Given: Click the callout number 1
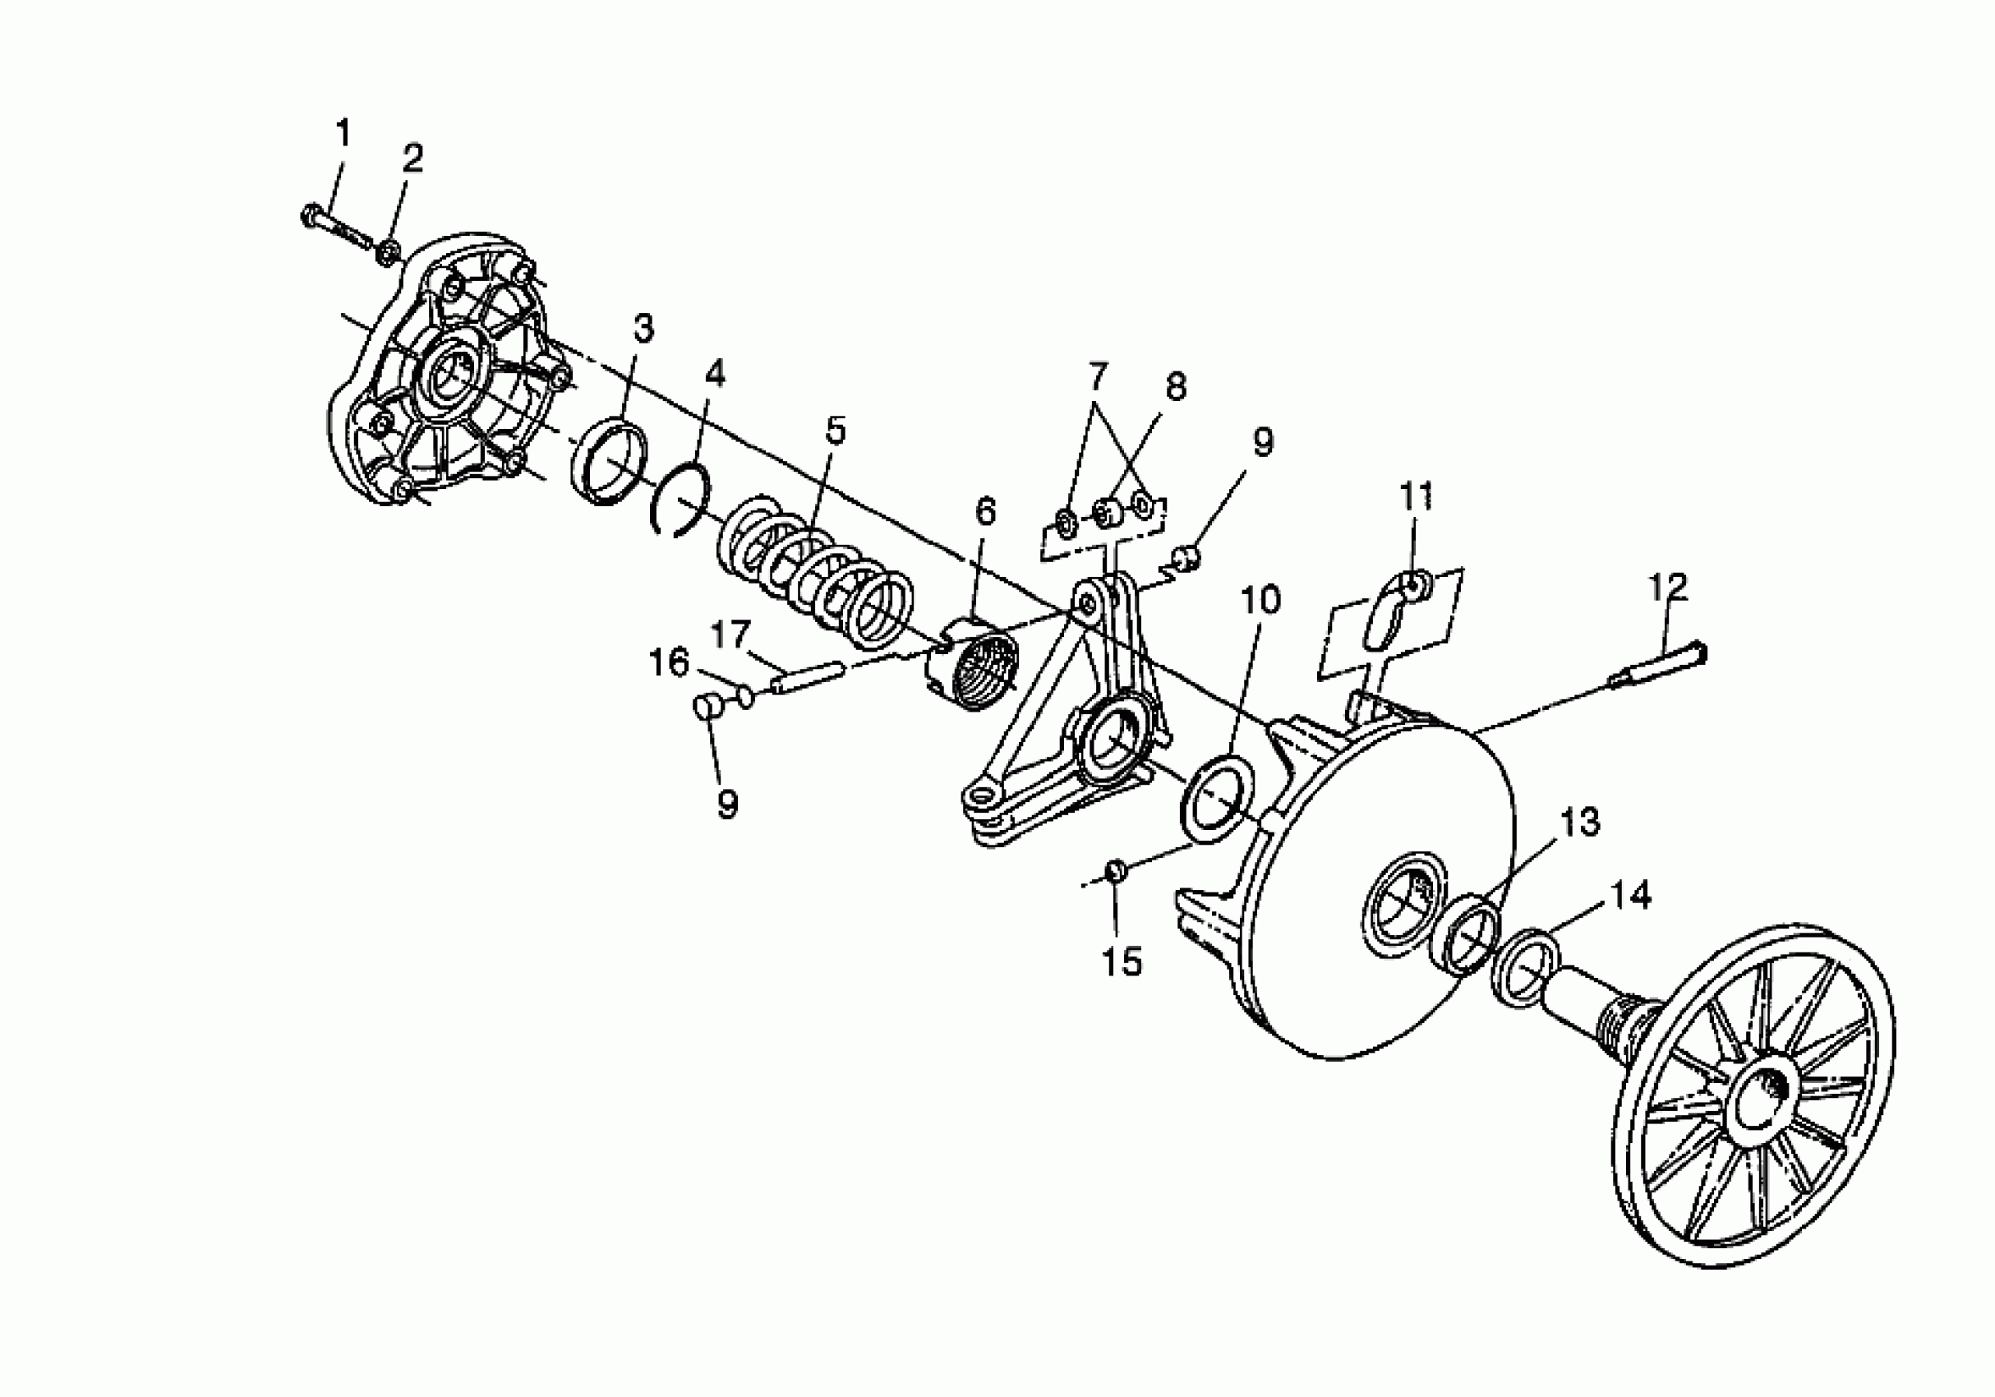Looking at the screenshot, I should tap(343, 134).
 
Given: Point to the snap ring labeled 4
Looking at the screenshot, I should tap(682, 503).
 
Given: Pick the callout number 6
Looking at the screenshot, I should tap(984, 512).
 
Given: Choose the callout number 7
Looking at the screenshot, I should tap(1099, 376).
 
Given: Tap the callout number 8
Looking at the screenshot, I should tap(1176, 385).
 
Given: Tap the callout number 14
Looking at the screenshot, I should tap(1631, 896).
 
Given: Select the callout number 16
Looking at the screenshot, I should tap(669, 663).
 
